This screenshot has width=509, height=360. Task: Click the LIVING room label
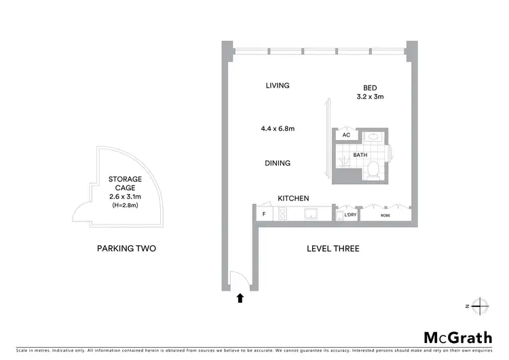278,86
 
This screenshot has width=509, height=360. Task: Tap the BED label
370,88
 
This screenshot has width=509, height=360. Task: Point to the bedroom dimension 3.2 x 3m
370,97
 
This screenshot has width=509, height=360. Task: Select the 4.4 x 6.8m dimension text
277,128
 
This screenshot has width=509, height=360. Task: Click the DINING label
278,163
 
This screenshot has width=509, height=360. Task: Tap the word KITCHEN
293,198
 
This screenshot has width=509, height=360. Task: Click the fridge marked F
263,214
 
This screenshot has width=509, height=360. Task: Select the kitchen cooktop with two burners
282,214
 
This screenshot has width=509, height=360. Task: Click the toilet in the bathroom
373,173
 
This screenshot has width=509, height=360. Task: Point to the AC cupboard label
346,135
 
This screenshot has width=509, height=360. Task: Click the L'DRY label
350,215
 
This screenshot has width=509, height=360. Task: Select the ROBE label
385,215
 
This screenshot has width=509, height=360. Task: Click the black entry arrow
240,297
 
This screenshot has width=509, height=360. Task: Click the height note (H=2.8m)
126,205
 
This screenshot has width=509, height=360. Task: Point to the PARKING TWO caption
127,249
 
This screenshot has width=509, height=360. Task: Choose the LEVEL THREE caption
333,249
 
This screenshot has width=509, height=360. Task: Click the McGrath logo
457,337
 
